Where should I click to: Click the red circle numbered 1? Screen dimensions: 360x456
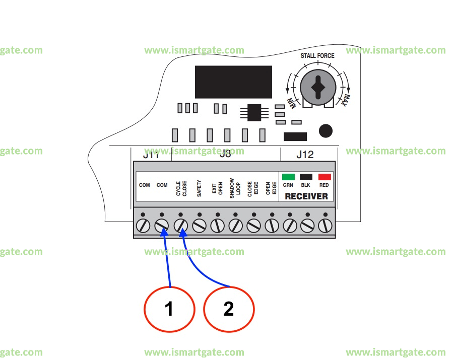pos(169,308)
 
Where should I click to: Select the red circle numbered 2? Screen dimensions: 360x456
pos(229,308)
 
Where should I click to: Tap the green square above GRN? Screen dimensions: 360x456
pos(288,177)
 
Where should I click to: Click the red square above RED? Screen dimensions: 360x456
pos(324,177)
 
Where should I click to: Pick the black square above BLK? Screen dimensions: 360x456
pos(306,177)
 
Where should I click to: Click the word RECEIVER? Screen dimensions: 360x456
pos(306,196)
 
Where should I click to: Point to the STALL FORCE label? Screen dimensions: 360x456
pos(317,55)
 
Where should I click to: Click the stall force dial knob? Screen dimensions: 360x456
pos(317,88)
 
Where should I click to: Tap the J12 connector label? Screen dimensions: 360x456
pos(304,155)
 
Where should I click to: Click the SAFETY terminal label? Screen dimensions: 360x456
pos(200,188)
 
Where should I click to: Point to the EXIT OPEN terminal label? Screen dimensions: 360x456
pos(217,188)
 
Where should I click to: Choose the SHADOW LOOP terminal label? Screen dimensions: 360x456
pos(235,187)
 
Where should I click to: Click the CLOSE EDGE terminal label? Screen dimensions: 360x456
pos(253,188)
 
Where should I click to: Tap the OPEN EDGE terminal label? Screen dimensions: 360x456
pos(271,188)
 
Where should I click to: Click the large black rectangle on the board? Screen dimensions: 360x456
pos(233,82)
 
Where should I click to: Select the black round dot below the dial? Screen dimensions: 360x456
pos(326,131)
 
